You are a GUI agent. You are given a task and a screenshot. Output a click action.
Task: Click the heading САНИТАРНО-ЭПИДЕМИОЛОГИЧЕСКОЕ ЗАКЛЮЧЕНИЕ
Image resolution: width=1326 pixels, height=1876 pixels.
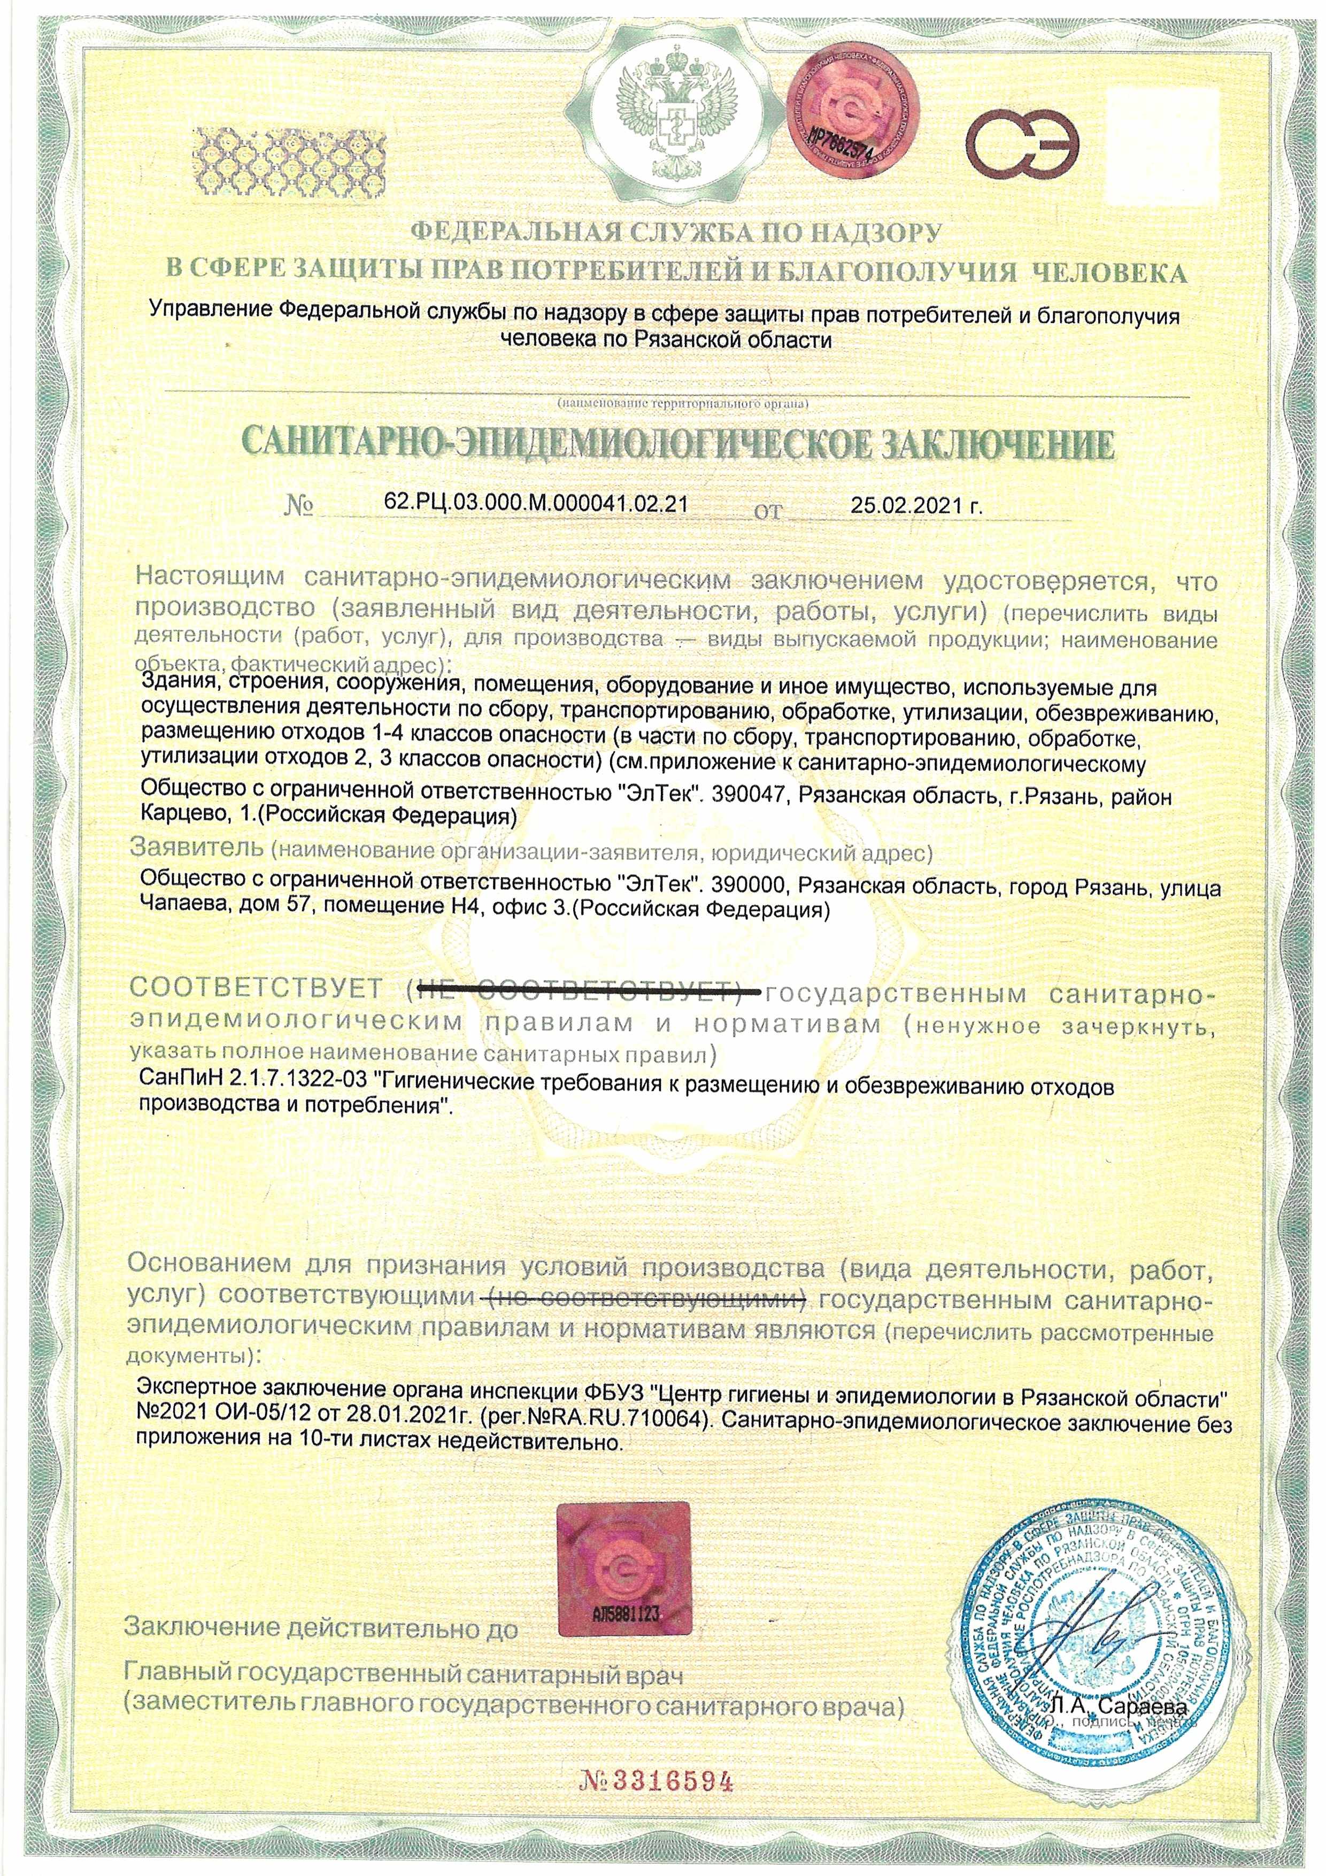coord(678,445)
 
